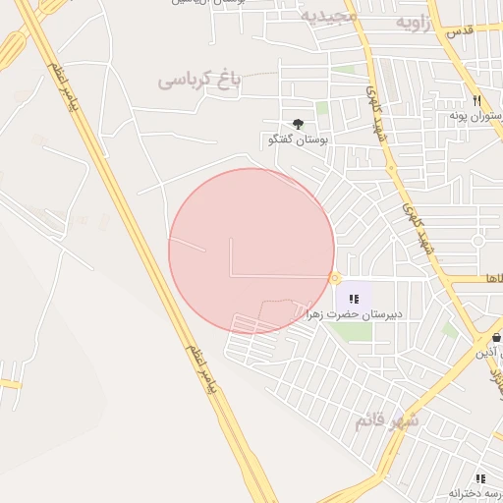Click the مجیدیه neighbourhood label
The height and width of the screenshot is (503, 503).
coord(324,17)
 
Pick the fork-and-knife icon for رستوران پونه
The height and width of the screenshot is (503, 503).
coord(476,101)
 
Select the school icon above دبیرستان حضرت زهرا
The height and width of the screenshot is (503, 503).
coord(354,298)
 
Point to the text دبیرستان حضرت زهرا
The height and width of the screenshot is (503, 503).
coord(355,314)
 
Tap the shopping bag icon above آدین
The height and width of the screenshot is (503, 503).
coord(497,337)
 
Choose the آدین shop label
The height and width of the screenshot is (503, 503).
coord(489,352)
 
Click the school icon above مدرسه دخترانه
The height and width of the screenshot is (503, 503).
coord(479,477)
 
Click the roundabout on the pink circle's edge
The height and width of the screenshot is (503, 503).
coord(335,277)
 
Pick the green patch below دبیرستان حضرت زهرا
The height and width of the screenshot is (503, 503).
coord(357,331)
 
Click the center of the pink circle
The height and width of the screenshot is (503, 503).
coord(251,251)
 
